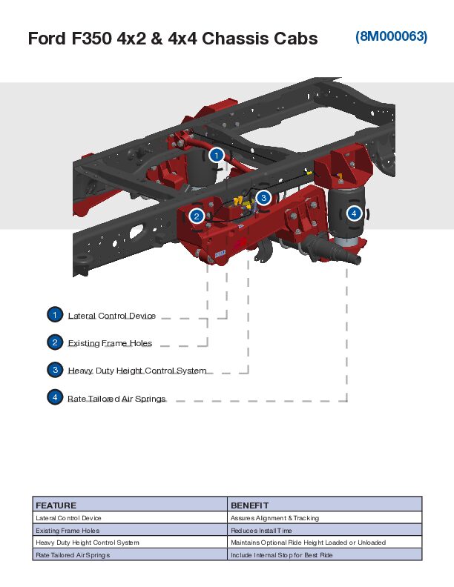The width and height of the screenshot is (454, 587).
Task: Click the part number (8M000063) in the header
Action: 391,36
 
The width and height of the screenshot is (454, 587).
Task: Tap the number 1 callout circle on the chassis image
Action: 216,155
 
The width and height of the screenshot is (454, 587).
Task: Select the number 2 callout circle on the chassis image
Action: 197,216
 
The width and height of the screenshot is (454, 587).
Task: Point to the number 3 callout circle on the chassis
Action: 263,197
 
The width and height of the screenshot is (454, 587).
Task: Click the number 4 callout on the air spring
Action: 354,213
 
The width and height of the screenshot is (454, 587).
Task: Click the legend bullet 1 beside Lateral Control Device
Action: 54,315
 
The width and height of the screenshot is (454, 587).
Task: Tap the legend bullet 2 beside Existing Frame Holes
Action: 54,342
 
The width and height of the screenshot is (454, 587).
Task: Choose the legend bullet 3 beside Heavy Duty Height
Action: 54,370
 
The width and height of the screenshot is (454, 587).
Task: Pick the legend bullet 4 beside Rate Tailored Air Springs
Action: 54,397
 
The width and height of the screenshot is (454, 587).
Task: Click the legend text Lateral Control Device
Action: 112,316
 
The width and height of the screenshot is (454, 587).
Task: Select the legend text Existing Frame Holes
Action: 110,343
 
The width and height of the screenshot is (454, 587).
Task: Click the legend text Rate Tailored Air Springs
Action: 116,399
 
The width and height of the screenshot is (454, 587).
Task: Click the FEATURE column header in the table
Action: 56,505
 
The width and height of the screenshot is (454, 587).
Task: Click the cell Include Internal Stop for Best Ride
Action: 282,554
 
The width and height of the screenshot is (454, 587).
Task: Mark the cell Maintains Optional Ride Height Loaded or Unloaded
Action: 308,543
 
